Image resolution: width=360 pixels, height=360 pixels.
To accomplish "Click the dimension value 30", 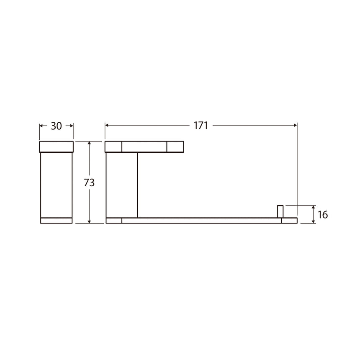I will pyautogui.click(x=56, y=126).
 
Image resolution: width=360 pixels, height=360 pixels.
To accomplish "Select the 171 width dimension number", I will pyautogui.click(x=201, y=126).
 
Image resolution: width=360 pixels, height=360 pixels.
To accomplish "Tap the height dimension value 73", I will pyautogui.click(x=89, y=183).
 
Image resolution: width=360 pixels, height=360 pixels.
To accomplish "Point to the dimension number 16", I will pyautogui.click(x=322, y=215).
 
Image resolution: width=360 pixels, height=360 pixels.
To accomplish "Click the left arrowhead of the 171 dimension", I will pyautogui.click(x=107, y=125).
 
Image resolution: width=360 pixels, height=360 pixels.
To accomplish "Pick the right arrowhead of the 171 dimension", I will pyautogui.click(x=295, y=125).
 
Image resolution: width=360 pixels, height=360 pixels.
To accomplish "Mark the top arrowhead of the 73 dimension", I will pyautogui.click(x=89, y=144).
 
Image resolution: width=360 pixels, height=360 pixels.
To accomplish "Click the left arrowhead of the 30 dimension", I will pyautogui.click(x=42, y=125).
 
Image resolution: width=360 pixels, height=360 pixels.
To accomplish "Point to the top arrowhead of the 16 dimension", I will pyautogui.click(x=314, y=208).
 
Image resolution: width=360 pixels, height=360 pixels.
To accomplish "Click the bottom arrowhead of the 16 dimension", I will pyautogui.click(x=314, y=221).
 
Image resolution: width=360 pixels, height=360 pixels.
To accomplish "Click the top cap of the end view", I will pyautogui.click(x=57, y=147).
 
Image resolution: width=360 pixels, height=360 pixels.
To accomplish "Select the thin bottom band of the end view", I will pyautogui.click(x=57, y=221).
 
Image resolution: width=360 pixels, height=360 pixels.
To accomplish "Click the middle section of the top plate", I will pyautogui.click(x=144, y=147).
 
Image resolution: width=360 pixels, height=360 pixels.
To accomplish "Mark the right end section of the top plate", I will pyautogui.click(x=175, y=147).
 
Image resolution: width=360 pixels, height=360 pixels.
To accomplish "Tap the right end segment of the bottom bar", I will pyautogui.click(x=289, y=221).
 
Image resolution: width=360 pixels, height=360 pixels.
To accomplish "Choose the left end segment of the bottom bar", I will pyautogui.click(x=114, y=221).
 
